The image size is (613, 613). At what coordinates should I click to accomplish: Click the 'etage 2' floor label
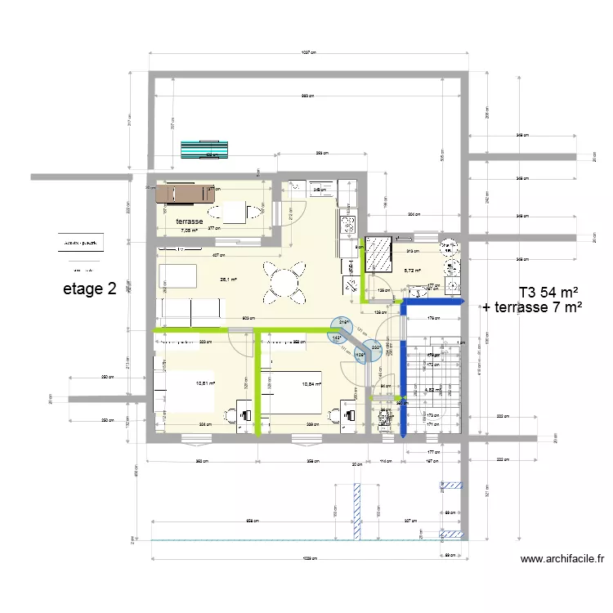(90, 289)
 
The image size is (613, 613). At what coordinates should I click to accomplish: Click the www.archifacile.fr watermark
(562, 559)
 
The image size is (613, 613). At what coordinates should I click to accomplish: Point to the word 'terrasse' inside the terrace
(189, 221)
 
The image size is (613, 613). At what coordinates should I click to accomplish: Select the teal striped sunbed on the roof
(205, 151)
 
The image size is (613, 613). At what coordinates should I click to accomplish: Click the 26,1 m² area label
(228, 279)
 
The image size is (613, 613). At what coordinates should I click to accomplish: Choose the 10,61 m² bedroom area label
(205, 382)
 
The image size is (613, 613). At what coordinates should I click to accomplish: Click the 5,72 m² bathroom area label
(411, 271)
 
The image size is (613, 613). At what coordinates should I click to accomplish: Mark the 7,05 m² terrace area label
(189, 230)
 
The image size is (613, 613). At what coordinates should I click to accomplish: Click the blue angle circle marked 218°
(343, 323)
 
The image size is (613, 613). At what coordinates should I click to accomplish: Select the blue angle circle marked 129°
(360, 354)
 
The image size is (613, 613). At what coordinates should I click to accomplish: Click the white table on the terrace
(237, 212)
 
